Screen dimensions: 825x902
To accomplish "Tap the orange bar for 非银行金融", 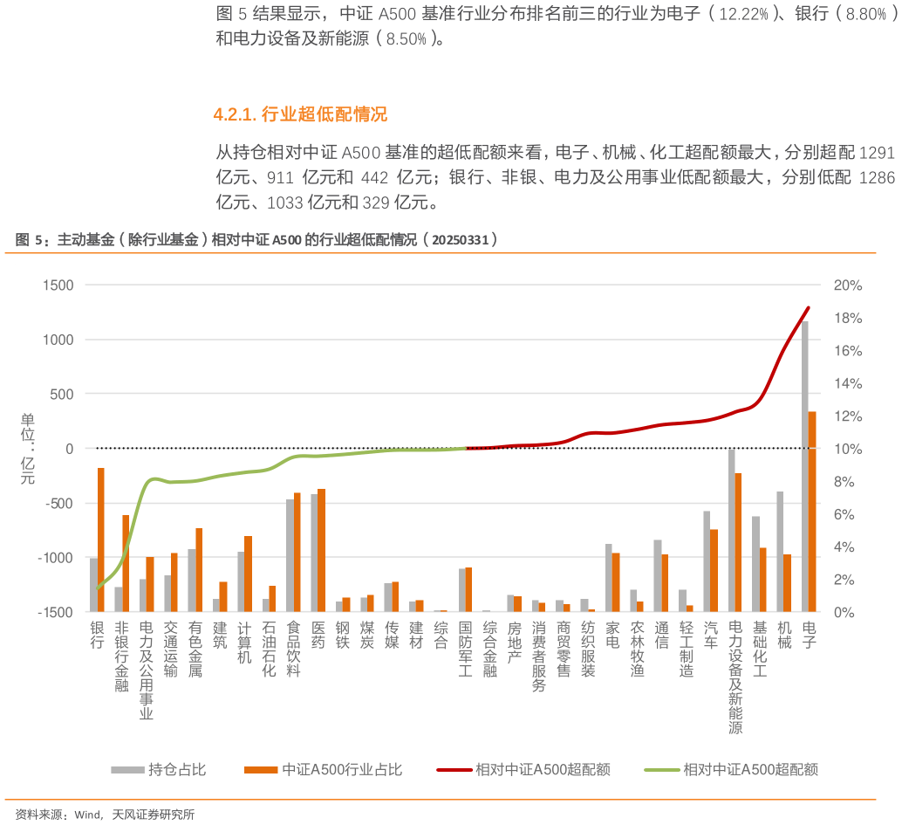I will click(126, 563).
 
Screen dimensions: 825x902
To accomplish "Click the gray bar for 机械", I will click(780, 551).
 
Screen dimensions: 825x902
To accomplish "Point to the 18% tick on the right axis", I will click(847, 318).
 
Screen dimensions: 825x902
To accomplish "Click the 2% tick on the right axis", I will click(844, 580).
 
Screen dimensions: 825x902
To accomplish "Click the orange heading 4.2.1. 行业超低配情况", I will click(299, 114).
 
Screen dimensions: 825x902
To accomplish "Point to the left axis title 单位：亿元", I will click(28, 449).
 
